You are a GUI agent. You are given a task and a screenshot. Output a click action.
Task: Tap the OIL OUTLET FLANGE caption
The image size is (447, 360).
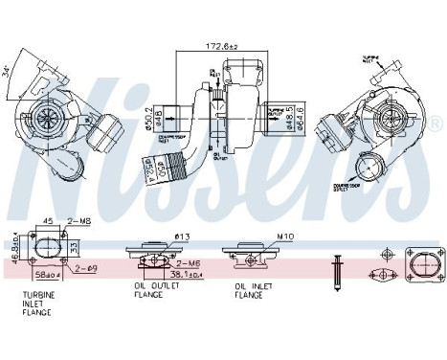[x=153, y=289]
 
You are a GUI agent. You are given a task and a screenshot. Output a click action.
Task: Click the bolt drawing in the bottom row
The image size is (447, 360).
[x=337, y=259]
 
